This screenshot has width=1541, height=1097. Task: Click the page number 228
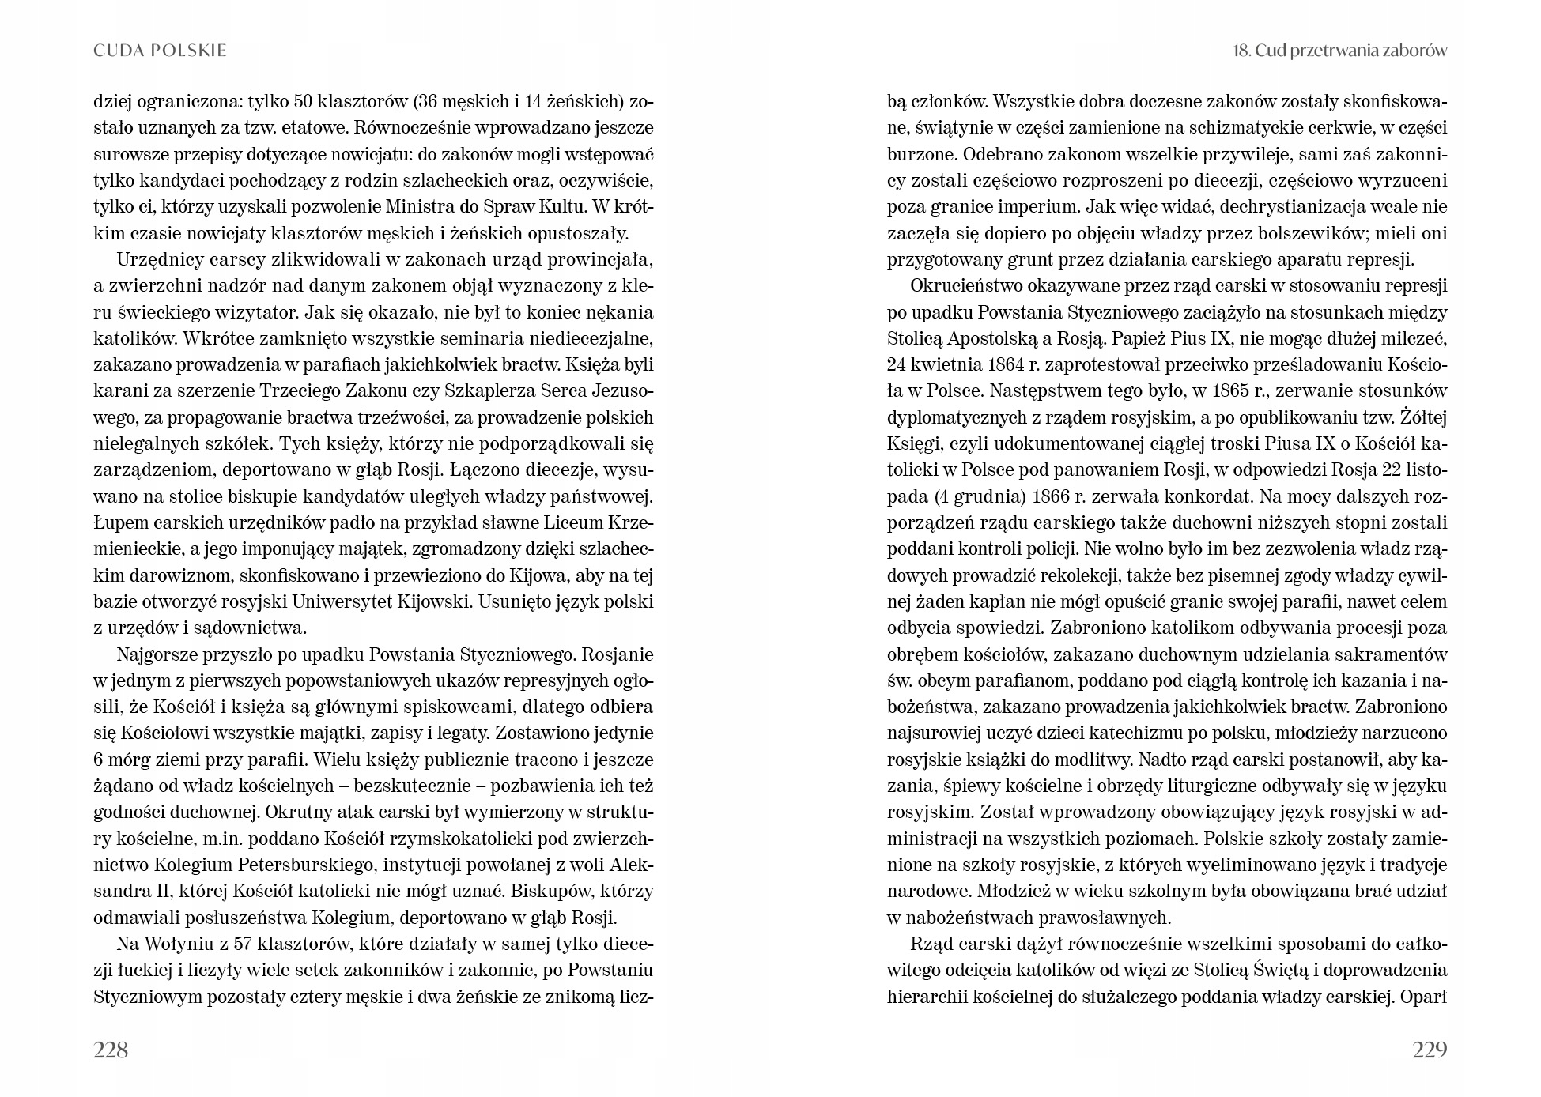(x=111, y=1050)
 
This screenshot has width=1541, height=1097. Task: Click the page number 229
(x=1429, y=1050)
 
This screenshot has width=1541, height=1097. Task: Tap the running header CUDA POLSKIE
(x=160, y=51)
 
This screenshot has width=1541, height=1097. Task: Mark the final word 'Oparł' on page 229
(x=1422, y=997)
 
